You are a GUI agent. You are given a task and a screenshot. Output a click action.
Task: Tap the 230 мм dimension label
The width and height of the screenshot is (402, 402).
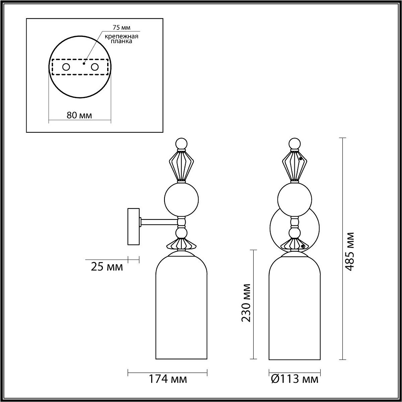coord(246,302)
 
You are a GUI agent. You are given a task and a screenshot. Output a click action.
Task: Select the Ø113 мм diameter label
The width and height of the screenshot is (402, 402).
coord(294,379)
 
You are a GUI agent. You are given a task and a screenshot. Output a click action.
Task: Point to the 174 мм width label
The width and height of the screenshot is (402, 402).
coord(167,379)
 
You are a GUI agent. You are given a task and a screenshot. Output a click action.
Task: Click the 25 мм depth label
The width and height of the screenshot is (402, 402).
coord(106,267)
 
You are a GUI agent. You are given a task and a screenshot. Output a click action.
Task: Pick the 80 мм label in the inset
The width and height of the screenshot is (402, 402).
coord(79,115)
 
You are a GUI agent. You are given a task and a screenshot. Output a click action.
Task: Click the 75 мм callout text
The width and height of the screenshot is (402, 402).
coord(120,27)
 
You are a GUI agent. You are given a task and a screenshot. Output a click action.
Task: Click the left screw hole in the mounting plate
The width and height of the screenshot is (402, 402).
coord(66,67)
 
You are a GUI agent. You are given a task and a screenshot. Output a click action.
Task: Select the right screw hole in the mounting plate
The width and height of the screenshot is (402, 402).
coord(95,67)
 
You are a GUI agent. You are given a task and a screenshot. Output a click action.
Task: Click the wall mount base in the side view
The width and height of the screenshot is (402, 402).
coord(133,227)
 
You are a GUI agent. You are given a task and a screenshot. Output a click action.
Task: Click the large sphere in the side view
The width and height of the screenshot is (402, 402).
coord(181,199)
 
